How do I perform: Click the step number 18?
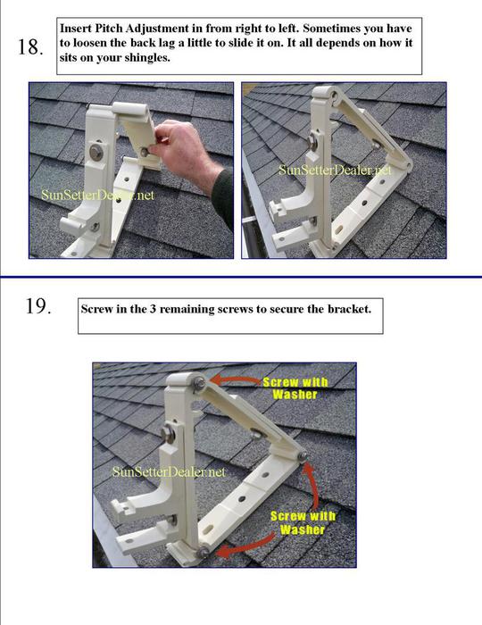30,47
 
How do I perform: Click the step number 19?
38,306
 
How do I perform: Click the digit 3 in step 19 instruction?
153,309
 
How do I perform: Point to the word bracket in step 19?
349,309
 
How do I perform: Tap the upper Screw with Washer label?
295,388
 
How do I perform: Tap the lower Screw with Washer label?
303,522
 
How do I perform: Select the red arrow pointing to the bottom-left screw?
247,546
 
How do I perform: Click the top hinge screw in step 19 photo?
199,384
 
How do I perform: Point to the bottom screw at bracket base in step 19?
203,553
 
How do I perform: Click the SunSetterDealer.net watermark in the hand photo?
98,195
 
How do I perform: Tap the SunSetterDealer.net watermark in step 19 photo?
169,472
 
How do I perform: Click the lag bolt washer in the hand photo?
96,151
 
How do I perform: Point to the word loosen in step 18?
89,44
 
